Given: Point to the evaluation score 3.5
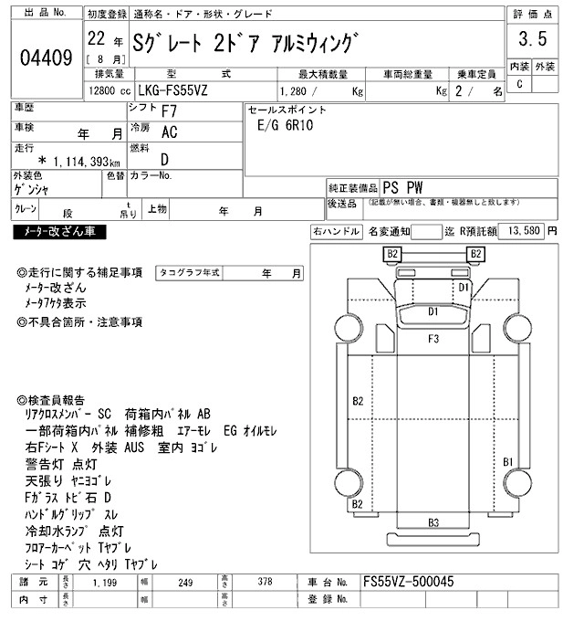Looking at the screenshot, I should pyautogui.click(x=532, y=40).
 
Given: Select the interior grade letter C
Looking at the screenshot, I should pyautogui.click(x=519, y=84).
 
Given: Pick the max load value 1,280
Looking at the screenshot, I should pyautogui.click(x=294, y=91).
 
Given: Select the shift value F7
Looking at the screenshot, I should pyautogui.click(x=170, y=111).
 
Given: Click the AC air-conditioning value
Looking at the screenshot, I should pyautogui.click(x=169, y=132).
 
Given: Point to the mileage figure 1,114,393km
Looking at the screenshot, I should pyautogui.click(x=78, y=161).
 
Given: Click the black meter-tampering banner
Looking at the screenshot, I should pyautogui.click(x=59, y=232).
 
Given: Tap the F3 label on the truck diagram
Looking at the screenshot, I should pyautogui.click(x=433, y=339).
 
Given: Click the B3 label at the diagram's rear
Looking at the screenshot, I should pyautogui.click(x=433, y=523).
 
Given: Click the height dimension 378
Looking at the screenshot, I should pyautogui.click(x=263, y=582).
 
